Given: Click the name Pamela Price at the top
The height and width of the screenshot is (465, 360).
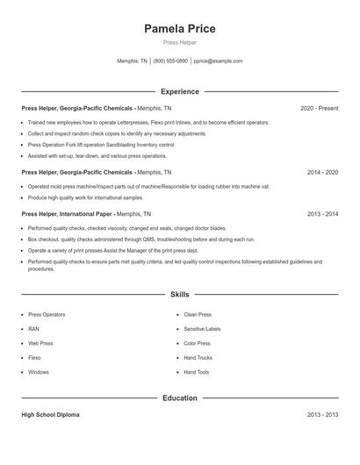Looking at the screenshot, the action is [x=180, y=28].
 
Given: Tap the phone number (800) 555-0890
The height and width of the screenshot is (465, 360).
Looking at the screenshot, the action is [x=170, y=61].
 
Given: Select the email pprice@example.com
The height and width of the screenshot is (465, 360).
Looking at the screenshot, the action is [x=218, y=61].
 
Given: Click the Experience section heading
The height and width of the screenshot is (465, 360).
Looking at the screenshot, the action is [x=180, y=91].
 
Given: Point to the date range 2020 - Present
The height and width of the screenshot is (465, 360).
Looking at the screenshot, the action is [x=319, y=108].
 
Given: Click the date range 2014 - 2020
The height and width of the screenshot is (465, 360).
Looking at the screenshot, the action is [x=322, y=173].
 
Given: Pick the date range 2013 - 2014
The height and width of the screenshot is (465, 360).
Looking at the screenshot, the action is [x=322, y=213].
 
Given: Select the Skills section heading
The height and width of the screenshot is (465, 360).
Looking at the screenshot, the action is [x=180, y=295].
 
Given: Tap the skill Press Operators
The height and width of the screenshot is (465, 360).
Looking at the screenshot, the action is [x=47, y=314].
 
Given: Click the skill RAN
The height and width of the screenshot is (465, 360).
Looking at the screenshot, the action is [x=34, y=329].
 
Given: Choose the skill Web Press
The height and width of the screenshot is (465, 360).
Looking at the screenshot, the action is [x=40, y=343].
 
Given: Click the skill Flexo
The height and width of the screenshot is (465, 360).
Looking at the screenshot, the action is [x=35, y=358].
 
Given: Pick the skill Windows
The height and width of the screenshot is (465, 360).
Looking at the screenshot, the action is [x=39, y=372].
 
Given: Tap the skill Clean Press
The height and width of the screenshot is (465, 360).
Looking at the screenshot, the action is [x=198, y=314].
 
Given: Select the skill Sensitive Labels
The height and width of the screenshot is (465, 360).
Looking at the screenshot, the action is [x=202, y=329].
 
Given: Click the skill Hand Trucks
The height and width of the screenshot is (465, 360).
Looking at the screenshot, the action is [x=198, y=358].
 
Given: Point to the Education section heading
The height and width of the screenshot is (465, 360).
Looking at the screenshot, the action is [x=180, y=398].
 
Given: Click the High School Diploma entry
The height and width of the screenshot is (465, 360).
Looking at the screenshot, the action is [x=50, y=415].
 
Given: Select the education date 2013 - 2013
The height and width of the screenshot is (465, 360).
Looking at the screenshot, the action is [x=322, y=415].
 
